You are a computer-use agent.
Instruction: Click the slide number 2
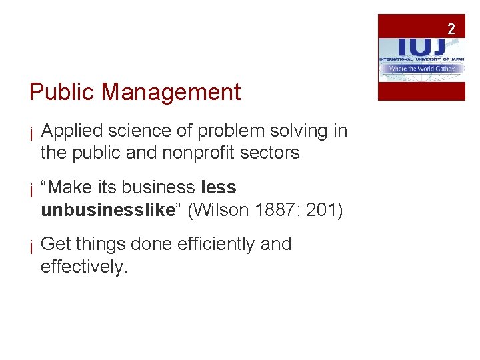[451, 29]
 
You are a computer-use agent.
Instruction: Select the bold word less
[218, 188]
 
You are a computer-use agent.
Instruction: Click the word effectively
[83, 267]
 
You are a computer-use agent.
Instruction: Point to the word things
[99, 245]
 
